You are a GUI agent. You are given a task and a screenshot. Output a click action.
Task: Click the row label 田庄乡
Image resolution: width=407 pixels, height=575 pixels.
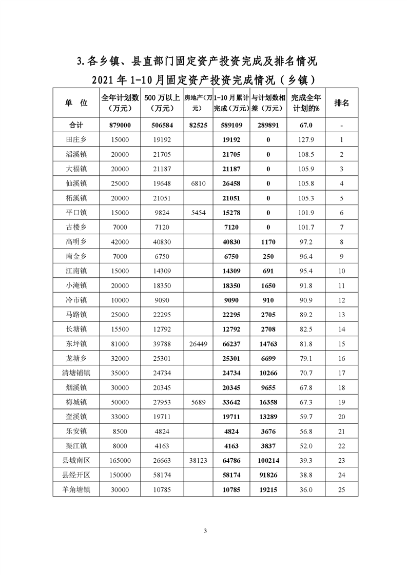76,139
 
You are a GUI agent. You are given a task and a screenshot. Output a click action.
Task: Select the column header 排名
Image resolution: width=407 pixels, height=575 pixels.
342,102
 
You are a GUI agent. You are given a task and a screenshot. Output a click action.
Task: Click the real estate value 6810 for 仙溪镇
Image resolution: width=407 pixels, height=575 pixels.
198,183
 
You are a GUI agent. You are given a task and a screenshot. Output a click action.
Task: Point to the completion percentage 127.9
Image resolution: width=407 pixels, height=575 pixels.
306,139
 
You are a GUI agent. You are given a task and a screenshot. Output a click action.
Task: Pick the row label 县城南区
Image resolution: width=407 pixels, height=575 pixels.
76,461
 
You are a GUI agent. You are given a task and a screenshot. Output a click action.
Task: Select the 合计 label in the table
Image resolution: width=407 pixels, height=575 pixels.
76,125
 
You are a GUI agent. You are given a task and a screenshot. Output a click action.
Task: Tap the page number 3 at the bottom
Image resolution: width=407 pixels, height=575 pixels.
205,530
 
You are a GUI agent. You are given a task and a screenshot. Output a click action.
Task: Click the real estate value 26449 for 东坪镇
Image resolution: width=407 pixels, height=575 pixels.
198,344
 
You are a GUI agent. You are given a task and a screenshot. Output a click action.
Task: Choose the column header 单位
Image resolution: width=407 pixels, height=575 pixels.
76,102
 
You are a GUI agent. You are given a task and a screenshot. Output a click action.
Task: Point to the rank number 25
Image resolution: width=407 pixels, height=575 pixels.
342,490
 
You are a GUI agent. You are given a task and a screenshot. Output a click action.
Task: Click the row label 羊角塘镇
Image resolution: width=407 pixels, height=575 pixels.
76,490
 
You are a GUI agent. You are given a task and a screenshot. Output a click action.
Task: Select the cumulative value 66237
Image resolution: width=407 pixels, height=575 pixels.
231,344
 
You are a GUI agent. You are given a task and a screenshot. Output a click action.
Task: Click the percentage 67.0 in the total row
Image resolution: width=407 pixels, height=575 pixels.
306,125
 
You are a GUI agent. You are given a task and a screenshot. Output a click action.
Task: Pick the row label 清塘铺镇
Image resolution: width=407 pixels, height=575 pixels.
76,373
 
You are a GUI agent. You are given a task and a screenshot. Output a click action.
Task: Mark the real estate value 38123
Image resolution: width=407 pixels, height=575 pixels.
198,461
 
